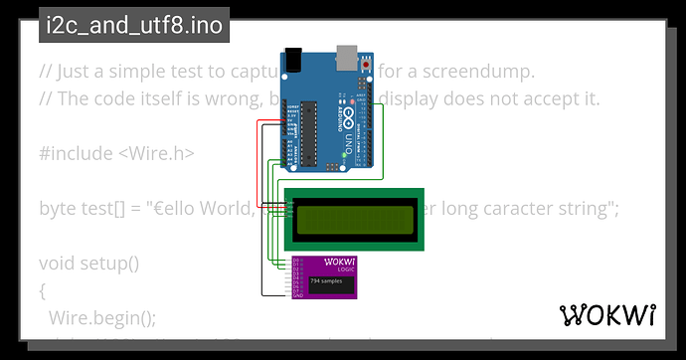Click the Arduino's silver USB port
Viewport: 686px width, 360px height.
click(349, 59)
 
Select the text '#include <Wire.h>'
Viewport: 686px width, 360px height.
click(116, 153)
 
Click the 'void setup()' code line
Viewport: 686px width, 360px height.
click(89, 264)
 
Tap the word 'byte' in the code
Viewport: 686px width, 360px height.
click(58, 209)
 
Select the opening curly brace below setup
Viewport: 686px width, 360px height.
click(43, 290)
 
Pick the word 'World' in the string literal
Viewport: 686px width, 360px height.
click(225, 209)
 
